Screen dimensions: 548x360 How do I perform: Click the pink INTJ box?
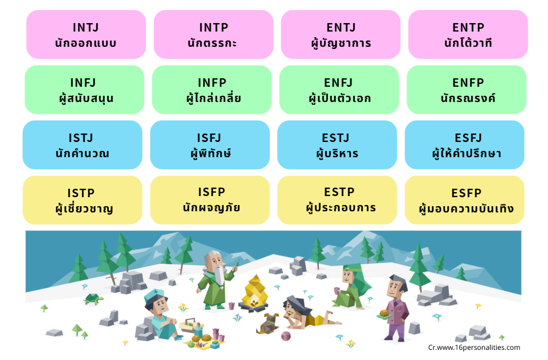(86, 34)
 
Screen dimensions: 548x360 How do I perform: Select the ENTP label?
(468, 27)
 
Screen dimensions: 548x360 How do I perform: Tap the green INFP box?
(212, 90)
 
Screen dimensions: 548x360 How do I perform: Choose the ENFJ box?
(339, 90)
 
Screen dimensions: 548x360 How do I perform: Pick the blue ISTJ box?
(82, 145)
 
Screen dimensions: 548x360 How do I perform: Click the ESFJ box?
(465, 145)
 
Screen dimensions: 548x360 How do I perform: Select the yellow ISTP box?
(82, 200)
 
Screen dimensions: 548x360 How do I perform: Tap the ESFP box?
(465, 200)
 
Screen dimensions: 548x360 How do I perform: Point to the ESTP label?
(339, 192)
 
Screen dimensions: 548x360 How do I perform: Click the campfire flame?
(255, 291)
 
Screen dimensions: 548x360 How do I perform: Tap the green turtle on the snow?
(93, 299)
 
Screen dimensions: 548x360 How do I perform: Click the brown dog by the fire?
(268, 323)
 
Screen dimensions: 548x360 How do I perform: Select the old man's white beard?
(219, 275)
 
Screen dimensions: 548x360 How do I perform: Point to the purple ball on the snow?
(286, 336)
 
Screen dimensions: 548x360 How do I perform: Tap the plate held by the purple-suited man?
(384, 316)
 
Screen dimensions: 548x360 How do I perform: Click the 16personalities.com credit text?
(474, 348)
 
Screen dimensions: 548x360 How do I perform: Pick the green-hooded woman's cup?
(337, 291)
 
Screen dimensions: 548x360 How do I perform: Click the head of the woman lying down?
(295, 306)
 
